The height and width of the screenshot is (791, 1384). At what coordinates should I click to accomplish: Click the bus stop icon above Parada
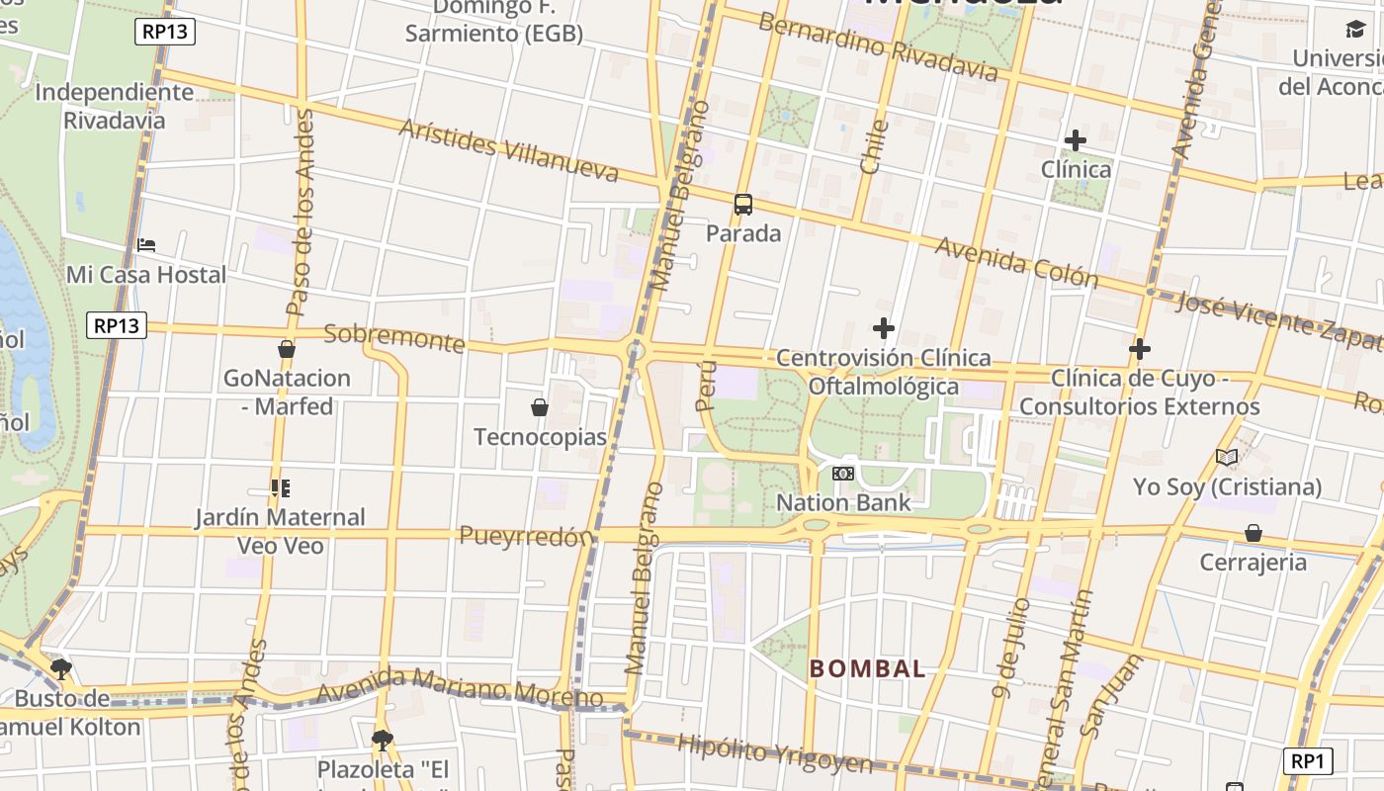click(x=743, y=205)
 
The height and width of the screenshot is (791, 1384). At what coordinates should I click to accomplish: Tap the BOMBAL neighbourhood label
click(x=868, y=669)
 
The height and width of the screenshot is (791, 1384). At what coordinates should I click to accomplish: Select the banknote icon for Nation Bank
click(x=843, y=474)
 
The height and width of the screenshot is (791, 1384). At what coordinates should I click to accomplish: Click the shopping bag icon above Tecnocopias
click(x=540, y=407)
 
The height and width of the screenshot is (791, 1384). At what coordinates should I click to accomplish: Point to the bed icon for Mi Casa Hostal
click(x=146, y=245)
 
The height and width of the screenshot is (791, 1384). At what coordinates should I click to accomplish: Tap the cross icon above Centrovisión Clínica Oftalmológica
click(x=884, y=328)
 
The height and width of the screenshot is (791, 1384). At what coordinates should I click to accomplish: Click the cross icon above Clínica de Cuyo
click(x=1140, y=349)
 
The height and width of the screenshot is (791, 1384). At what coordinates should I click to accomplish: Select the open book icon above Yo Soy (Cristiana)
click(x=1227, y=457)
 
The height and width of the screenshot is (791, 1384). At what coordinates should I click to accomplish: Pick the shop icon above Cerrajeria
click(x=1254, y=534)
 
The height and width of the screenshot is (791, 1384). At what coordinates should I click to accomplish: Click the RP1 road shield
click(x=1308, y=760)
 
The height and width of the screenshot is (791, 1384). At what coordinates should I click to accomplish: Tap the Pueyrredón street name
click(x=526, y=536)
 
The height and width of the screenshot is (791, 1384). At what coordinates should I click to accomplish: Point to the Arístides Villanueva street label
click(x=508, y=151)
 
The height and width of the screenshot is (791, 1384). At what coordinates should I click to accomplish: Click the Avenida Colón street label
click(x=1016, y=262)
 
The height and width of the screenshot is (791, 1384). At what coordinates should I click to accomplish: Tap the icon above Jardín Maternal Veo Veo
click(x=281, y=488)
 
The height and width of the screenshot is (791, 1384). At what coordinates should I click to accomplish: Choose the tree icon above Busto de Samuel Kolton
click(x=61, y=669)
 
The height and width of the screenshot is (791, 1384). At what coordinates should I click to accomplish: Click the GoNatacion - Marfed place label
click(x=287, y=392)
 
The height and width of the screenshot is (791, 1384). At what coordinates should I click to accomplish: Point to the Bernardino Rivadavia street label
click(x=878, y=47)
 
